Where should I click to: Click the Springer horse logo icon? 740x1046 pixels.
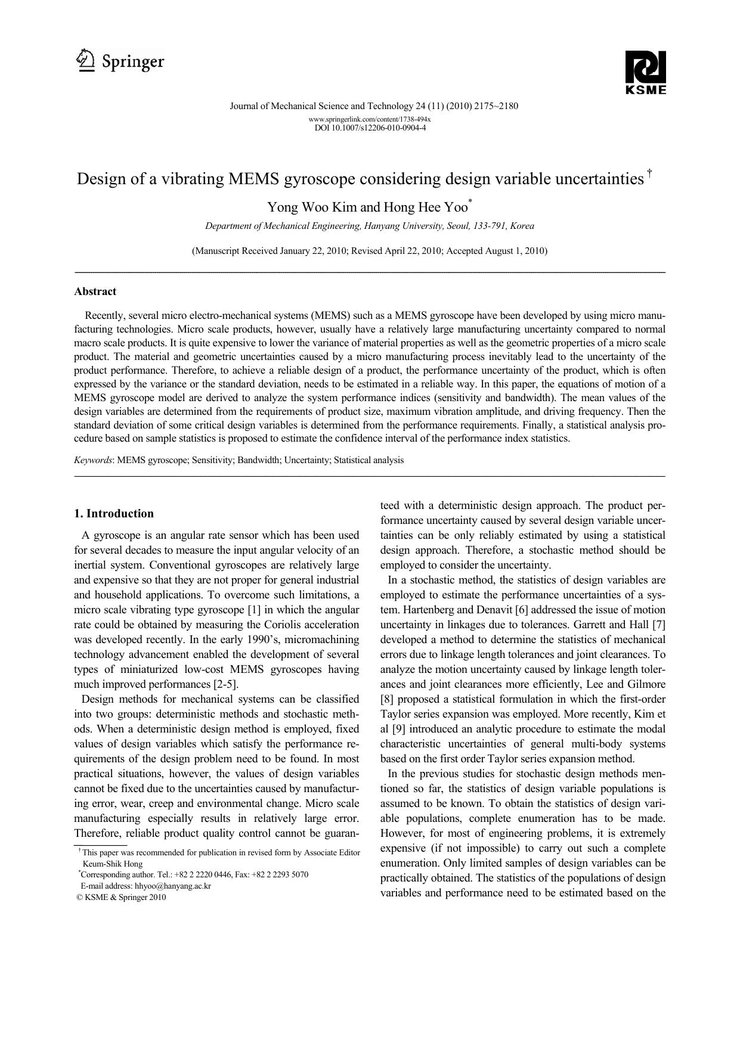pyautogui.click(x=86, y=61)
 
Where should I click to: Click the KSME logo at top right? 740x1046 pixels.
pyautogui.click(x=645, y=72)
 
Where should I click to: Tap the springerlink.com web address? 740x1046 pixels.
pyautogui.click(x=370, y=119)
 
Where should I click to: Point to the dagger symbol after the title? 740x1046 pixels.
pyautogui.click(x=649, y=173)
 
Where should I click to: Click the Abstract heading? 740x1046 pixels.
pyautogui.click(x=95, y=291)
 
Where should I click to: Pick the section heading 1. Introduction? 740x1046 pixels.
pyautogui.click(x=113, y=514)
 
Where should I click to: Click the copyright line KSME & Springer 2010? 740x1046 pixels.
pyautogui.click(x=121, y=897)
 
